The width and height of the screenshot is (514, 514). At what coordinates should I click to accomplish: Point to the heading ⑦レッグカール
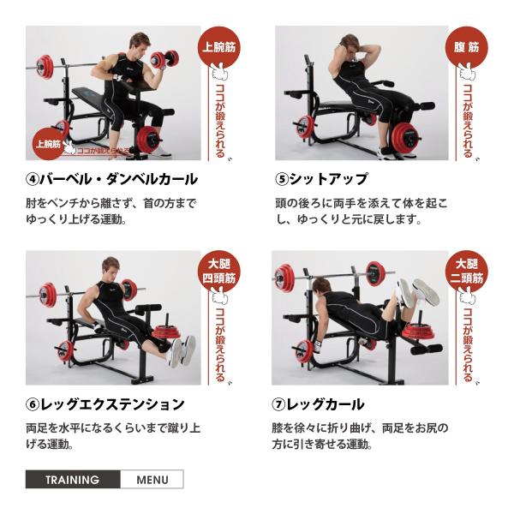tap(320, 403)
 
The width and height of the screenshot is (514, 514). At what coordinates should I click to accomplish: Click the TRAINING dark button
tap(73, 480)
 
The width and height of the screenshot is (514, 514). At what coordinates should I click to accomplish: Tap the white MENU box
tap(152, 480)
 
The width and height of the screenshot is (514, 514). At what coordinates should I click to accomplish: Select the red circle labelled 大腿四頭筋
tap(219, 271)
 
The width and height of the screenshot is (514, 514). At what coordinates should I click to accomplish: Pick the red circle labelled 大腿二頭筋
tap(467, 271)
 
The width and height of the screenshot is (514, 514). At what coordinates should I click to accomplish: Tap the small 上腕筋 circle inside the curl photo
tap(48, 144)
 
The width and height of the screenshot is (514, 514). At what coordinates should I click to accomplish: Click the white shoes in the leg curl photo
tap(415, 292)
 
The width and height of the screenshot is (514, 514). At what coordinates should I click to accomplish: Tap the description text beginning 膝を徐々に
tap(360, 435)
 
